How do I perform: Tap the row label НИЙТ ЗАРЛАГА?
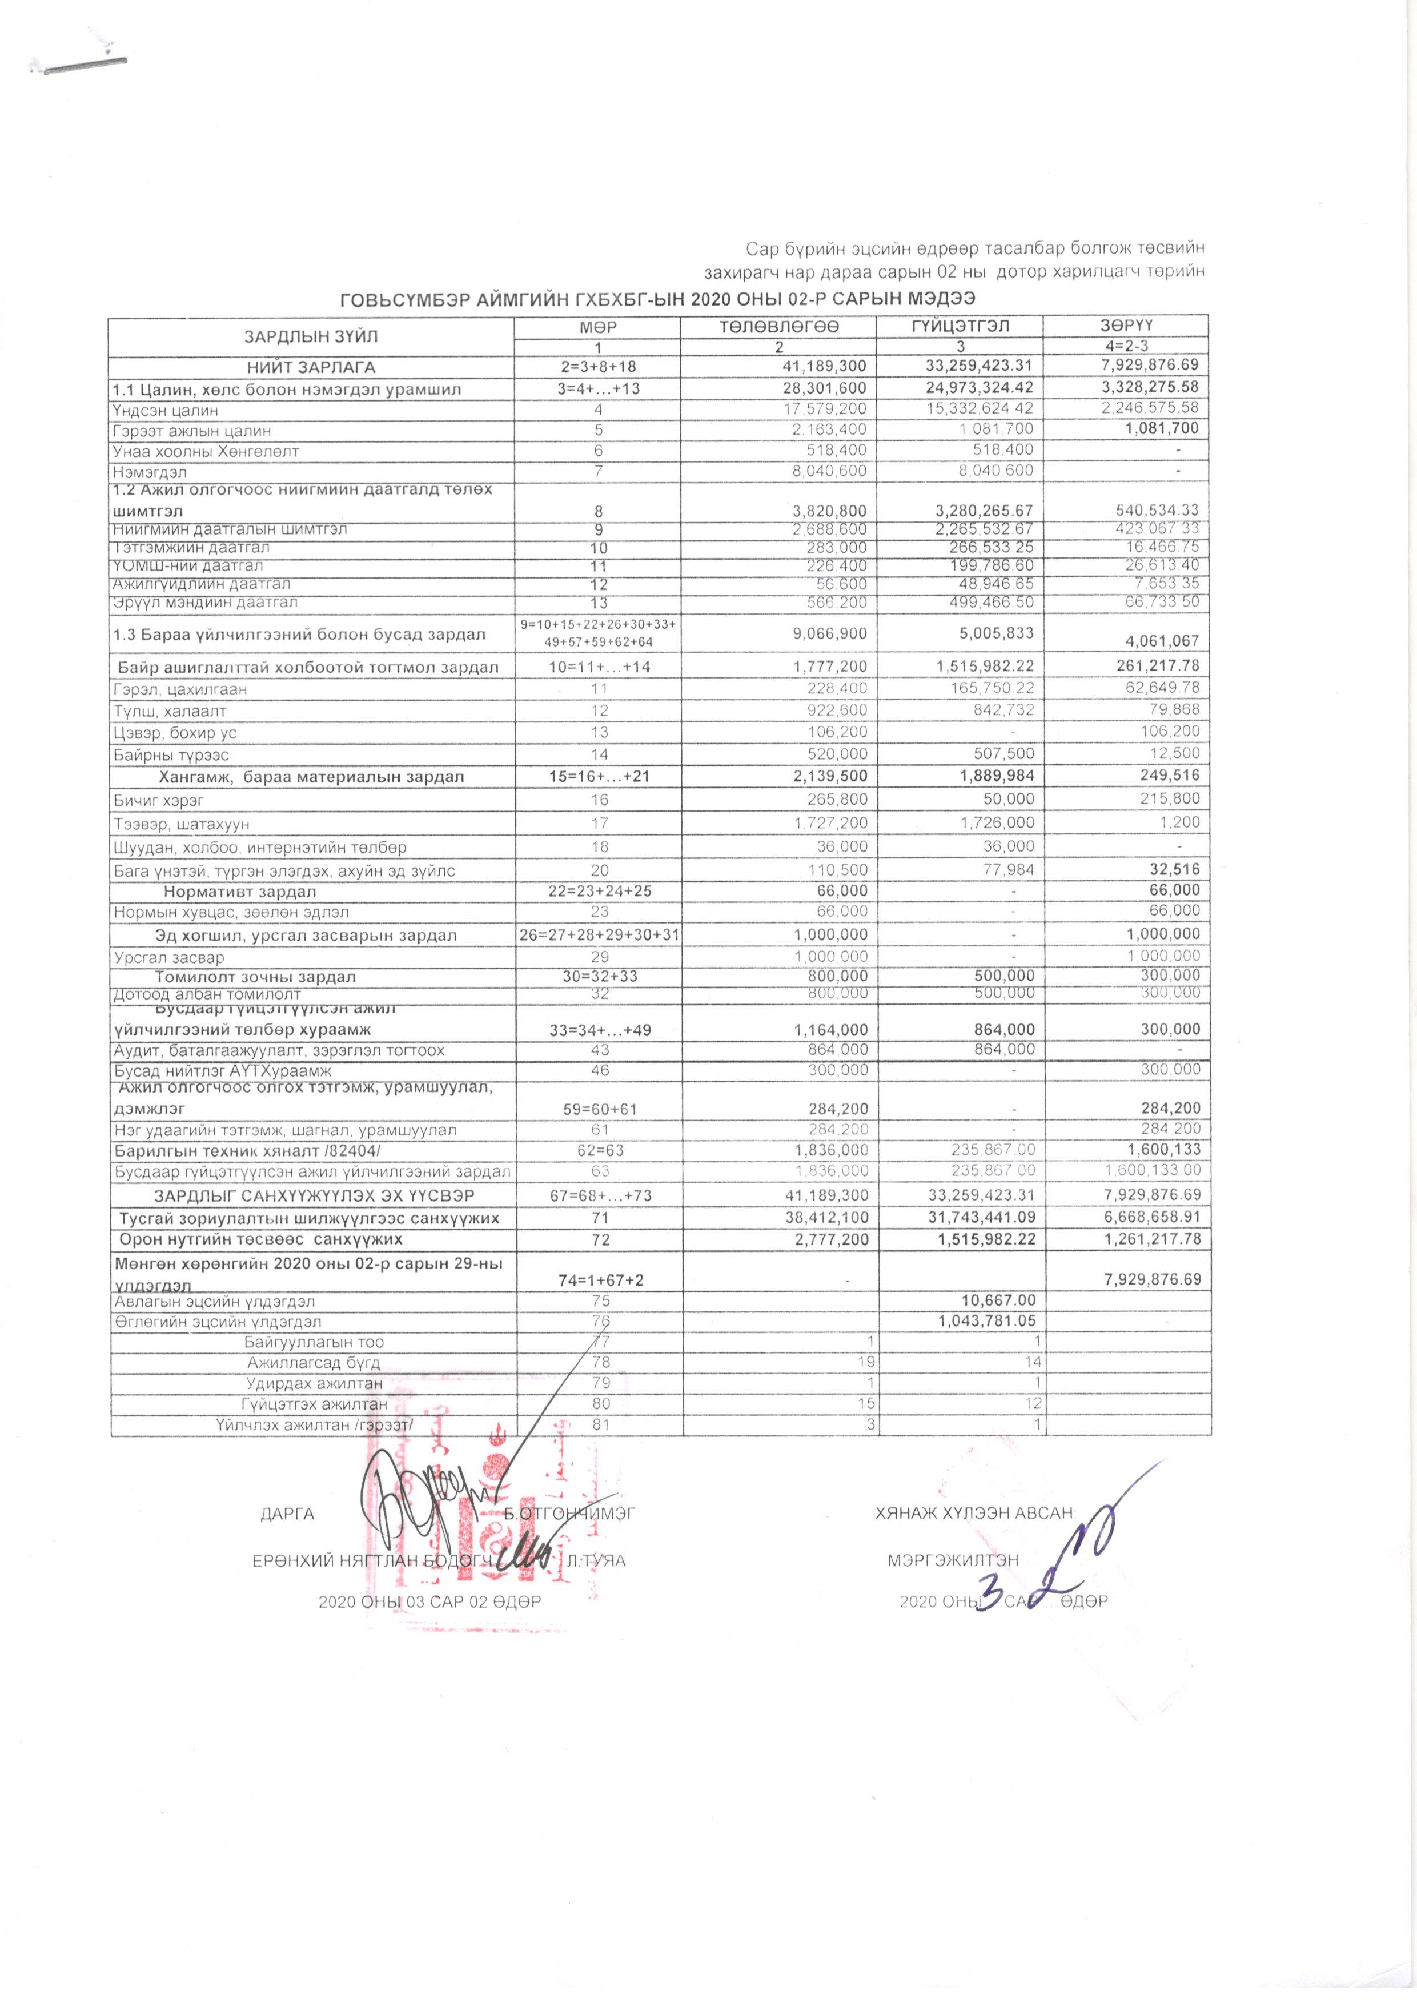pos(311,367)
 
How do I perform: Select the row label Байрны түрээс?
pos(171,754)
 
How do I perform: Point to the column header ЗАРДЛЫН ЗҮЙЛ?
pos(311,336)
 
